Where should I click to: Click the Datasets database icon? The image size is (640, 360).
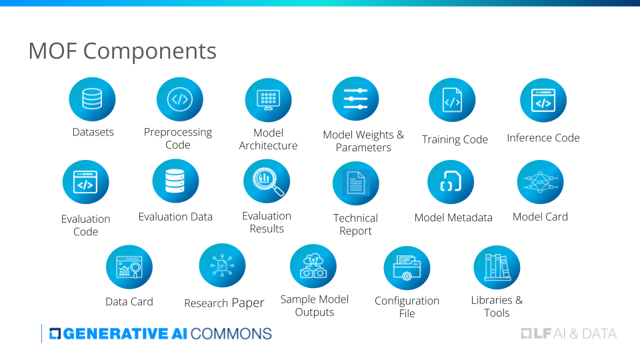[x=92, y=99]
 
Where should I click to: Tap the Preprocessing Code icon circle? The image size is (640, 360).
[x=179, y=99]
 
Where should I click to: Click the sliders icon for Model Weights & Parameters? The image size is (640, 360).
[x=355, y=99]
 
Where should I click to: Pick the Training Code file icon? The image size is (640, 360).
[x=452, y=101]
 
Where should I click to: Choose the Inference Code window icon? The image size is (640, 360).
[x=543, y=101]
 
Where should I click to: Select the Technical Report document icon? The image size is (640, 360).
[x=355, y=183]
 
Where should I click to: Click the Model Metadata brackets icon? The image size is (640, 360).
[x=451, y=183]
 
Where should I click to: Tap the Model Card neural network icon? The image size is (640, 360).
[x=540, y=181]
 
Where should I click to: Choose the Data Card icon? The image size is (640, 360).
[x=129, y=267]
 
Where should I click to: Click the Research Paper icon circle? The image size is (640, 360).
[x=222, y=266]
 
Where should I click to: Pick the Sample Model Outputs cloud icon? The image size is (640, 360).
[x=313, y=266]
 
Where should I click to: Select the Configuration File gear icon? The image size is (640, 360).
[x=407, y=268]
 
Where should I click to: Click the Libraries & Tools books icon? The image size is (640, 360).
[x=497, y=267]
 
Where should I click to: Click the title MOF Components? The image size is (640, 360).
[x=122, y=51]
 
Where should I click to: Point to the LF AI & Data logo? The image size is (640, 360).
[x=568, y=333]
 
